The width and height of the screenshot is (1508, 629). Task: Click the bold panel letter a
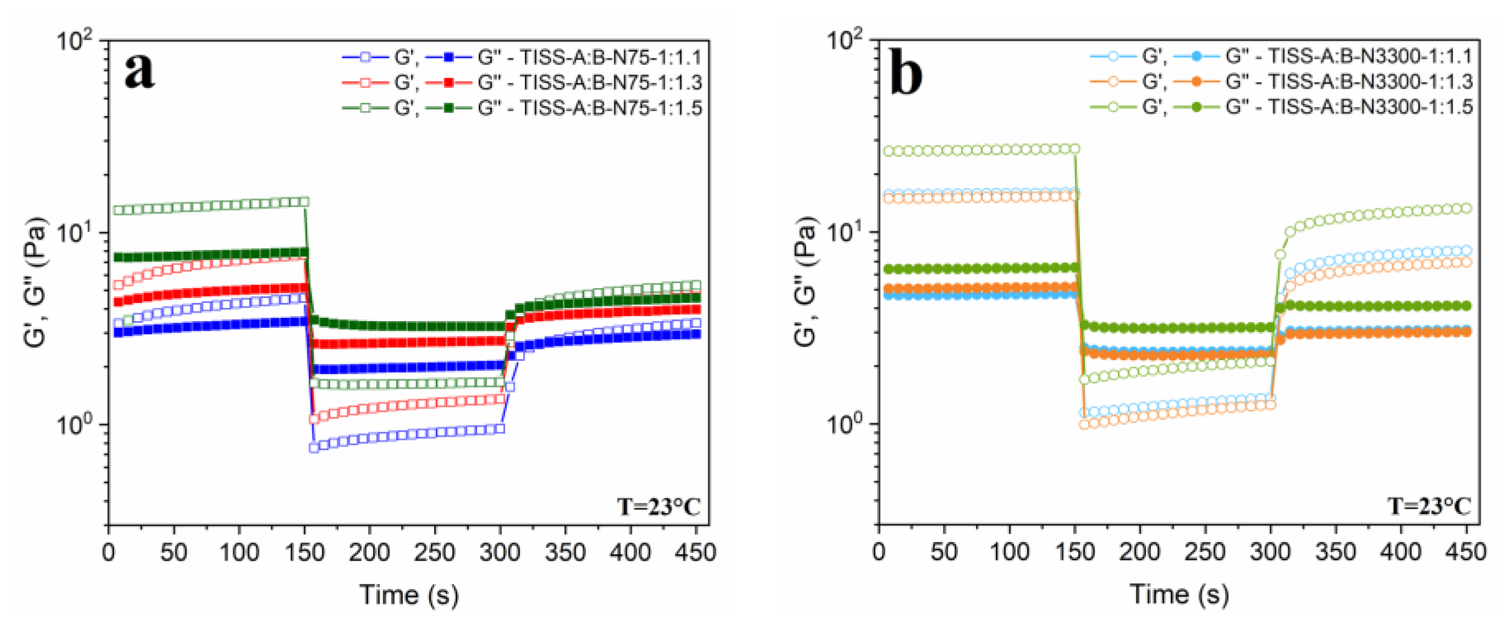[x=140, y=71]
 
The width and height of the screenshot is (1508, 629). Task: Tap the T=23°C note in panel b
[x=1429, y=506]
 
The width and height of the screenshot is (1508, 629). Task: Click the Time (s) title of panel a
[x=409, y=594]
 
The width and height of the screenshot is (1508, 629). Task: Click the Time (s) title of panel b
[x=1179, y=594]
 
